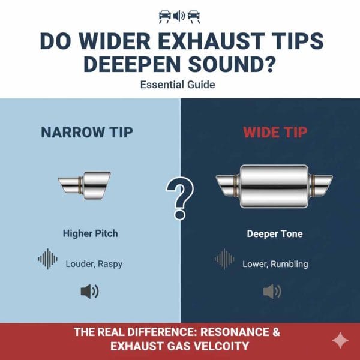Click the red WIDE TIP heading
pyautogui.click(x=274, y=133)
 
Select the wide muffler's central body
pyautogui.click(x=274, y=187)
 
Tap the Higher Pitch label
pyautogui.click(x=90, y=233)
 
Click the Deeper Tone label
pyautogui.click(x=274, y=233)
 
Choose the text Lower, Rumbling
pyautogui.click(x=275, y=263)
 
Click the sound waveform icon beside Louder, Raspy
pyautogui.click(x=48, y=259)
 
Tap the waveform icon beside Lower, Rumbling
pyautogui.click(x=224, y=259)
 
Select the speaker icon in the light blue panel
pyautogui.click(x=90, y=292)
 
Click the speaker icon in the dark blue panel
pyautogui.click(x=272, y=292)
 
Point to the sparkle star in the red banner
pyautogui.click(x=340, y=340)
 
